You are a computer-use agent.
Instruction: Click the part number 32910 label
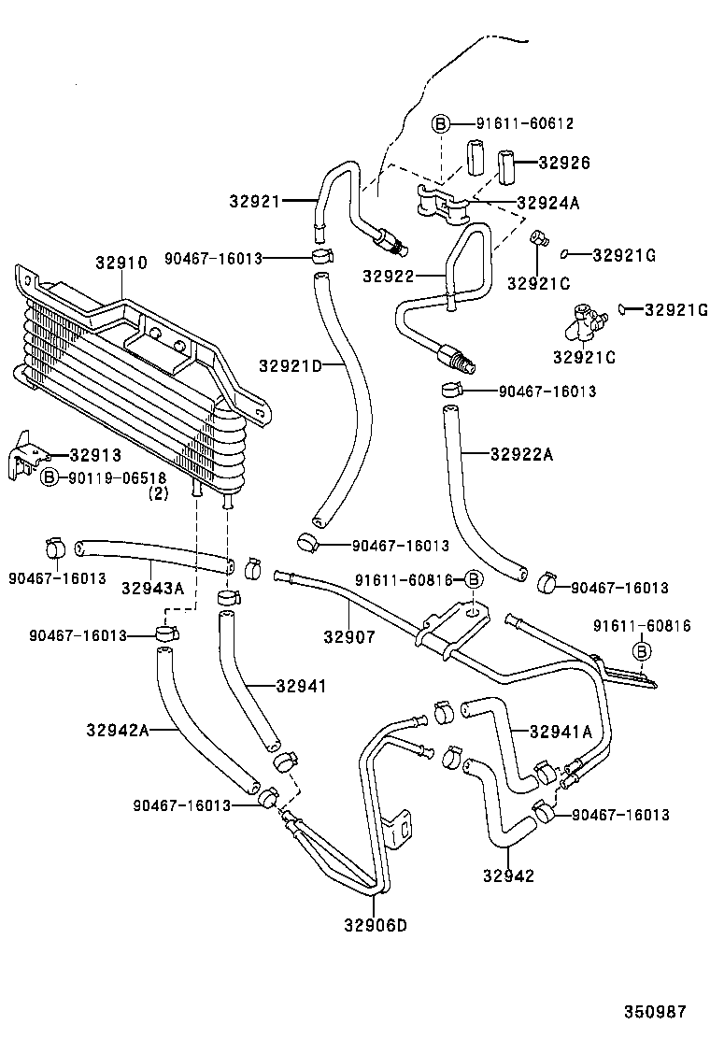pos(121,263)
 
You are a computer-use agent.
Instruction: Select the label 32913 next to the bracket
pos(96,455)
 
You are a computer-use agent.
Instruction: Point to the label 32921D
pos(291,365)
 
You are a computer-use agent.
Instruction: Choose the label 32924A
pos(548,202)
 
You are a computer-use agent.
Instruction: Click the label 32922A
pos(522,454)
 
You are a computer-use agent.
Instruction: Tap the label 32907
pos(349,637)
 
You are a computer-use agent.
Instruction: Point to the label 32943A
pos(152,588)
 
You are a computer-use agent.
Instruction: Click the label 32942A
pos(118,730)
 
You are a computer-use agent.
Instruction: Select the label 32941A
pos(561,732)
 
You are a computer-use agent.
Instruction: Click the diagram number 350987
pos(656,1011)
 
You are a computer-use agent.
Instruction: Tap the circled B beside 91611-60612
pos(441,122)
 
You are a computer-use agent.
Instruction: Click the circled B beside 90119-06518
pos(50,477)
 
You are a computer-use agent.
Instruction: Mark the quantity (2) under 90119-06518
pos(158,494)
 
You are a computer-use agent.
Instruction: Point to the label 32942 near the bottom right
pos(508,875)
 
